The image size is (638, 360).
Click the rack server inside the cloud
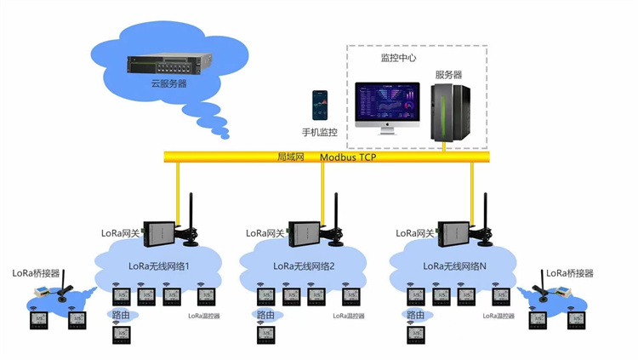(168, 65)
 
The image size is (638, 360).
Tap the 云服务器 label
(168, 84)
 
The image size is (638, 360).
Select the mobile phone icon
(320, 106)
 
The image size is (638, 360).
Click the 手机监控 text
(320, 133)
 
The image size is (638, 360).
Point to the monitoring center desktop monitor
(387, 104)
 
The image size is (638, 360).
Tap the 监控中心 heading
(397, 58)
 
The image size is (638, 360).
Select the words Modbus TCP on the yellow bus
(348, 157)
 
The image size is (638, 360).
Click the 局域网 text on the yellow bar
(291, 157)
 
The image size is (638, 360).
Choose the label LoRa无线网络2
(304, 266)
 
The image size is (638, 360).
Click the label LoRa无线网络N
(454, 266)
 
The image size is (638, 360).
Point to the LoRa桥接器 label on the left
(36, 273)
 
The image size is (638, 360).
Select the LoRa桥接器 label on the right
(569, 273)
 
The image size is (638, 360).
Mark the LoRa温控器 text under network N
(499, 316)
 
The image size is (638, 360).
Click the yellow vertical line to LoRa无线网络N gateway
(471, 191)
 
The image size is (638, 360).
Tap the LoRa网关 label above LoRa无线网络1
(118, 233)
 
